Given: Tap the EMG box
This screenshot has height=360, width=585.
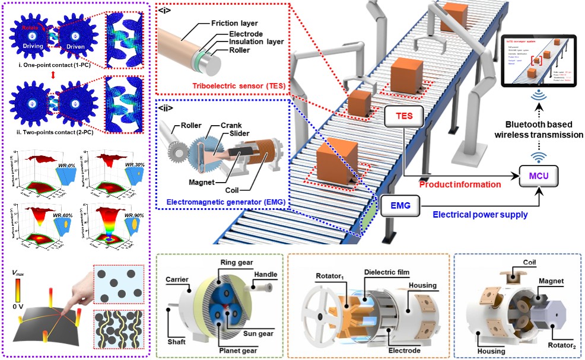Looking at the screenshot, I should point(400,206).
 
